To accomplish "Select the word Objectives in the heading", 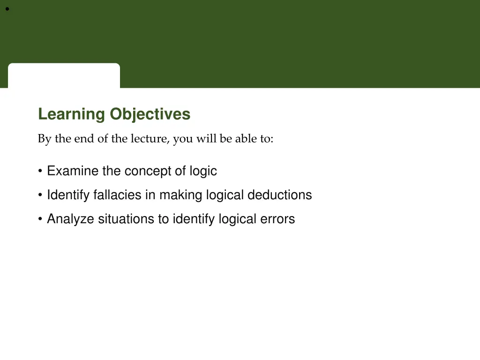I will click(x=150, y=114).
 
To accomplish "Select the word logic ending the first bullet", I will click(x=203, y=171).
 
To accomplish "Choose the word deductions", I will click(x=279, y=195).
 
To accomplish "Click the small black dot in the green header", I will click(x=7, y=9).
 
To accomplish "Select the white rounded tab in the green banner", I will click(x=64, y=75).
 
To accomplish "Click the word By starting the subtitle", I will click(x=45, y=139).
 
